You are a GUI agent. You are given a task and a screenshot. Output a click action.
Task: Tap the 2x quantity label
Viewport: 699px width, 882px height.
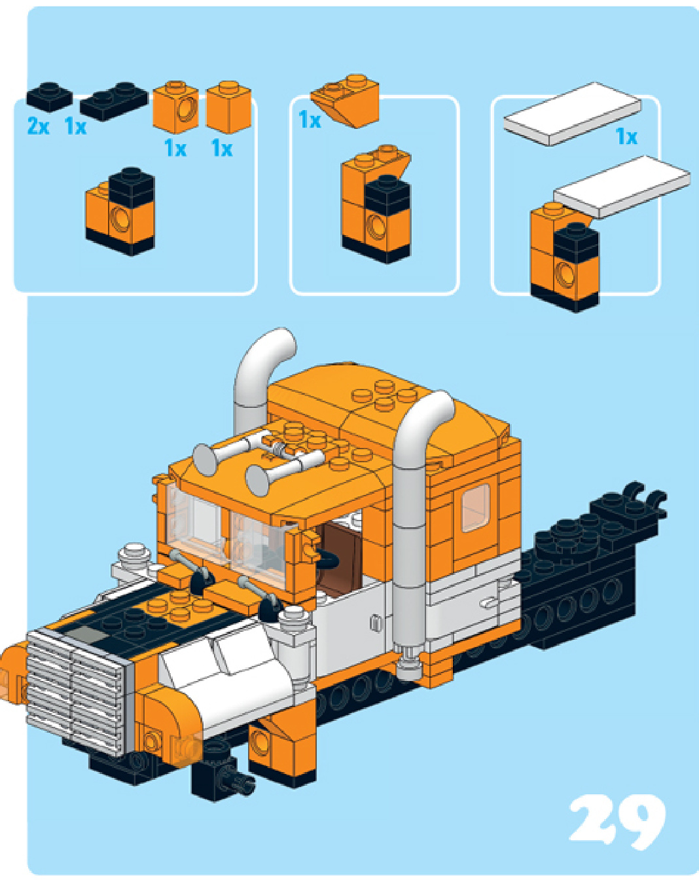[38, 126]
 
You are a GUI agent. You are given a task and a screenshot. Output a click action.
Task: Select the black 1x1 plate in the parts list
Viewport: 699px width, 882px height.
[50, 97]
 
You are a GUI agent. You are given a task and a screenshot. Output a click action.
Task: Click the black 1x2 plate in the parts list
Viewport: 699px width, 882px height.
[114, 101]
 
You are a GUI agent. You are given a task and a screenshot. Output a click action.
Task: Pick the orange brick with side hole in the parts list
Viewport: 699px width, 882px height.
[176, 107]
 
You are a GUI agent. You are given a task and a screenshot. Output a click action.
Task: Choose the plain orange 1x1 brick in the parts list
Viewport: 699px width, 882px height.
[228, 107]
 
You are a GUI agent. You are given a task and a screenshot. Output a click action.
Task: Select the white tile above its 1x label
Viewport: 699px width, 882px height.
[573, 113]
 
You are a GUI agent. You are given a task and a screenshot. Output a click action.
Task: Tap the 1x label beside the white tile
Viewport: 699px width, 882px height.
[626, 137]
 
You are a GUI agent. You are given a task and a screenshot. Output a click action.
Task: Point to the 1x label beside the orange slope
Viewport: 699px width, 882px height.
[310, 120]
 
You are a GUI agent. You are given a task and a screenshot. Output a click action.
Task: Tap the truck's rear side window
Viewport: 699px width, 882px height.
[476, 509]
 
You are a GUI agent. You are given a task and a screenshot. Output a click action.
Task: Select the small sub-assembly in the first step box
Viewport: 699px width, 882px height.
[120, 211]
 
